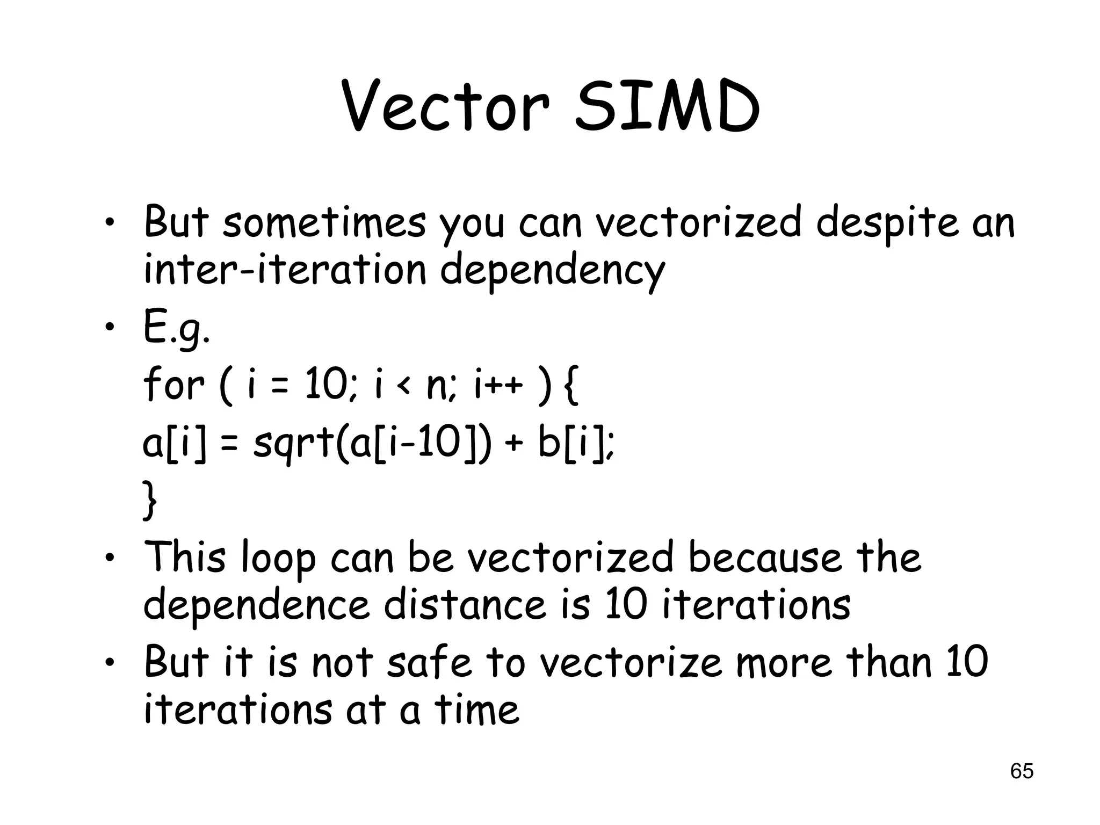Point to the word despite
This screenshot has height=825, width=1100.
(887, 224)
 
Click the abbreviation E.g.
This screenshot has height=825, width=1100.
(176, 329)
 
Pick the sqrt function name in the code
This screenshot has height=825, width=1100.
(292, 445)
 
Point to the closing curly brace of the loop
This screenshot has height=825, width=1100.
(150, 501)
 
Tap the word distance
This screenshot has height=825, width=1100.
(464, 605)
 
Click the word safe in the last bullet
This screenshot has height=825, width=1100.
(429, 662)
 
